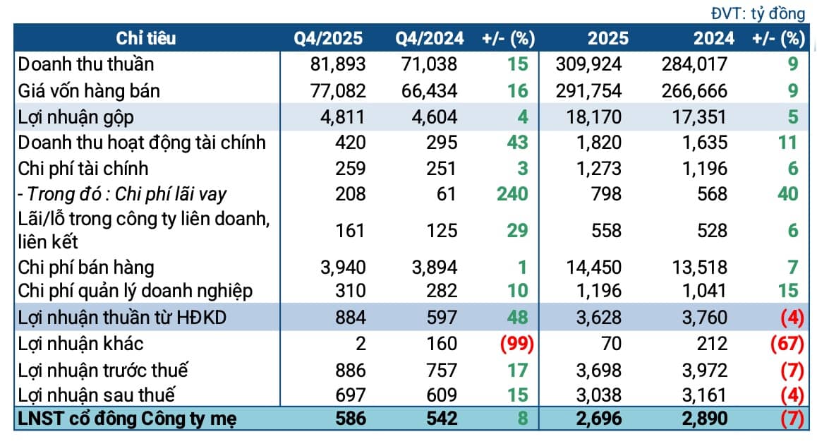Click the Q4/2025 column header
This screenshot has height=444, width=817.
pyautogui.click(x=328, y=38)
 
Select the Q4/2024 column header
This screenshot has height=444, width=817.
pyautogui.click(x=430, y=38)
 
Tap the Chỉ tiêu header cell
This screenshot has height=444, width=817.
pyautogui.click(x=146, y=38)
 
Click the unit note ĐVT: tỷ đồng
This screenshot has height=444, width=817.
pyautogui.click(x=758, y=13)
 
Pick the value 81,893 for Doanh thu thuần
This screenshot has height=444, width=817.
pyautogui.click(x=338, y=64)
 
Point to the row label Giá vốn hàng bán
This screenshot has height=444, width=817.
pyautogui.click(x=89, y=91)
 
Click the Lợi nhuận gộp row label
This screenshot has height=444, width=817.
pyautogui.click(x=75, y=117)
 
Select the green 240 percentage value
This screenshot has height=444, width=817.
pyautogui.click(x=512, y=194)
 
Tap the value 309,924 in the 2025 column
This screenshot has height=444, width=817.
pyautogui.click(x=589, y=64)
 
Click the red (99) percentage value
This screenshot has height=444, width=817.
pyautogui.click(x=517, y=344)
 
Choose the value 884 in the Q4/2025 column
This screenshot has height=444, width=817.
pyautogui.click(x=351, y=318)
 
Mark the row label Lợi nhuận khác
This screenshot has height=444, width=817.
pyautogui.click(x=80, y=344)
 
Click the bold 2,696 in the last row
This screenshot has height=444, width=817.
pyautogui.click(x=599, y=419)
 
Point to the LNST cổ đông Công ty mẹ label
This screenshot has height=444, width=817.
pyautogui.click(x=127, y=419)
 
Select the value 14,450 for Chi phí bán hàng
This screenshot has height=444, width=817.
pyautogui.click(x=594, y=268)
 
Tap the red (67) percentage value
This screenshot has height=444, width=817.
pyautogui.click(x=787, y=344)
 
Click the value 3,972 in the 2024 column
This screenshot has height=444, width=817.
pyautogui.click(x=704, y=371)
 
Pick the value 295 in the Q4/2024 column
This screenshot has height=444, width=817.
pyautogui.click(x=442, y=143)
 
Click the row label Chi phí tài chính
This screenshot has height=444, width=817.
pyautogui.click(x=83, y=169)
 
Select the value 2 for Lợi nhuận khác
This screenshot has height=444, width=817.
pyautogui.click(x=361, y=344)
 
